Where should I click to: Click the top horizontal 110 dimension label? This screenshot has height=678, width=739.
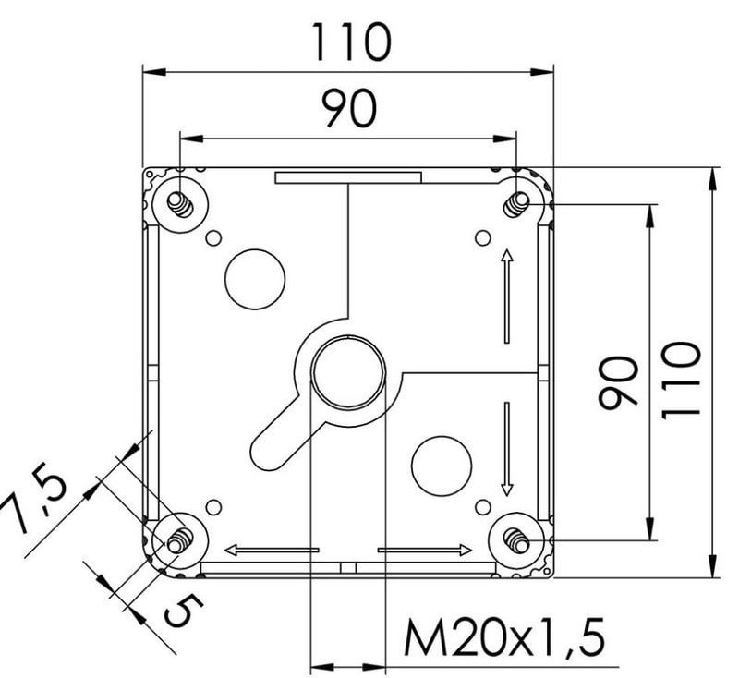click(x=351, y=43)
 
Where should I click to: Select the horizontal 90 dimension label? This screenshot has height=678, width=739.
click(x=350, y=109)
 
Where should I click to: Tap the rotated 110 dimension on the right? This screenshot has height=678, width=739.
click(x=681, y=380)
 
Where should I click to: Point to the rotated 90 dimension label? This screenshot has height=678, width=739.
click(x=618, y=382)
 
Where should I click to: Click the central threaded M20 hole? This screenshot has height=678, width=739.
click(x=349, y=372)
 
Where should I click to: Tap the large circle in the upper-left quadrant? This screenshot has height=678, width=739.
click(x=255, y=279)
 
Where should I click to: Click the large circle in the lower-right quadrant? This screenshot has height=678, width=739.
click(x=442, y=466)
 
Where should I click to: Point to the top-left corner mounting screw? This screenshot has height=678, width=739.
click(x=180, y=204)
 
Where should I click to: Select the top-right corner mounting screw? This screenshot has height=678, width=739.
click(x=517, y=204)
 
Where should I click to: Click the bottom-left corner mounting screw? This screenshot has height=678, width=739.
click(x=180, y=540)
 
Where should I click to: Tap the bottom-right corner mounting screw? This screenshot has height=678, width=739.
click(x=517, y=540)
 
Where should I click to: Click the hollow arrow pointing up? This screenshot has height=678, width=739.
click(x=507, y=296)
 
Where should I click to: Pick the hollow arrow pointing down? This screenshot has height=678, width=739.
click(x=507, y=449)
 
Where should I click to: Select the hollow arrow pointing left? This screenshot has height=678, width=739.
click(x=272, y=550)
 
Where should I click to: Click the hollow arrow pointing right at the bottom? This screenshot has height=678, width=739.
click(x=425, y=550)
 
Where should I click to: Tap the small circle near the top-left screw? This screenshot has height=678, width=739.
click(x=214, y=238)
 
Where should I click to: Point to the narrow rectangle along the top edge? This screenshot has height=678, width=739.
click(x=348, y=177)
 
